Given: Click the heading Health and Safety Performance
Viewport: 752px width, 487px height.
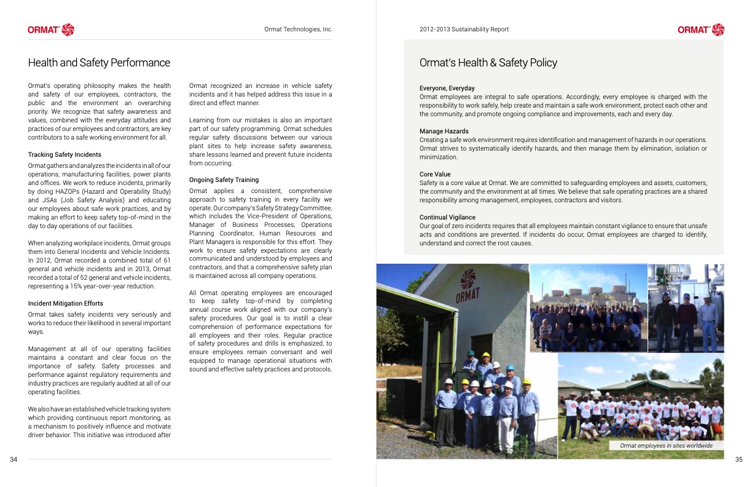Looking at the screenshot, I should [99, 63].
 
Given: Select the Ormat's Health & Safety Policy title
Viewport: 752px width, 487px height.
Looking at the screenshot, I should [488, 63].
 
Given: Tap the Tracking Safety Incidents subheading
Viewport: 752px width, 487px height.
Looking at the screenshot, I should [65, 154].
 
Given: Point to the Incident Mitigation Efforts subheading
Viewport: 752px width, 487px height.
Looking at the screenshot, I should [65, 303].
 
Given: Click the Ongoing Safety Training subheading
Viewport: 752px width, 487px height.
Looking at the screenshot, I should [224, 180].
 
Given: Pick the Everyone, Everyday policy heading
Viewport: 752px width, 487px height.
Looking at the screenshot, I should [447, 88].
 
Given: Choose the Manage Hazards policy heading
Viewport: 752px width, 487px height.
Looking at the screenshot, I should [444, 131].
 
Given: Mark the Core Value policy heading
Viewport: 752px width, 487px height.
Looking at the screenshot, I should [436, 174].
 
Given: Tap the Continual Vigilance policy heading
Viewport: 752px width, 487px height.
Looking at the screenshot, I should [448, 217].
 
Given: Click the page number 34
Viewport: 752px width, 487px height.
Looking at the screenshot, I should [14, 459].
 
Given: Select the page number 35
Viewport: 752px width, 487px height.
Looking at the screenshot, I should [738, 459].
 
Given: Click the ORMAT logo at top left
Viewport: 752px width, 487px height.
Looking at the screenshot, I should [50, 30].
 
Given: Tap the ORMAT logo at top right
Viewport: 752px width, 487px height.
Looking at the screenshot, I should [701, 30].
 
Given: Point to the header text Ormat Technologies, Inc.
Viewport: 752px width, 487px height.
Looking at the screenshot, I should [298, 30].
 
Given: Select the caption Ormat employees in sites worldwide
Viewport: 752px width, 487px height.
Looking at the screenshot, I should [666, 445].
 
